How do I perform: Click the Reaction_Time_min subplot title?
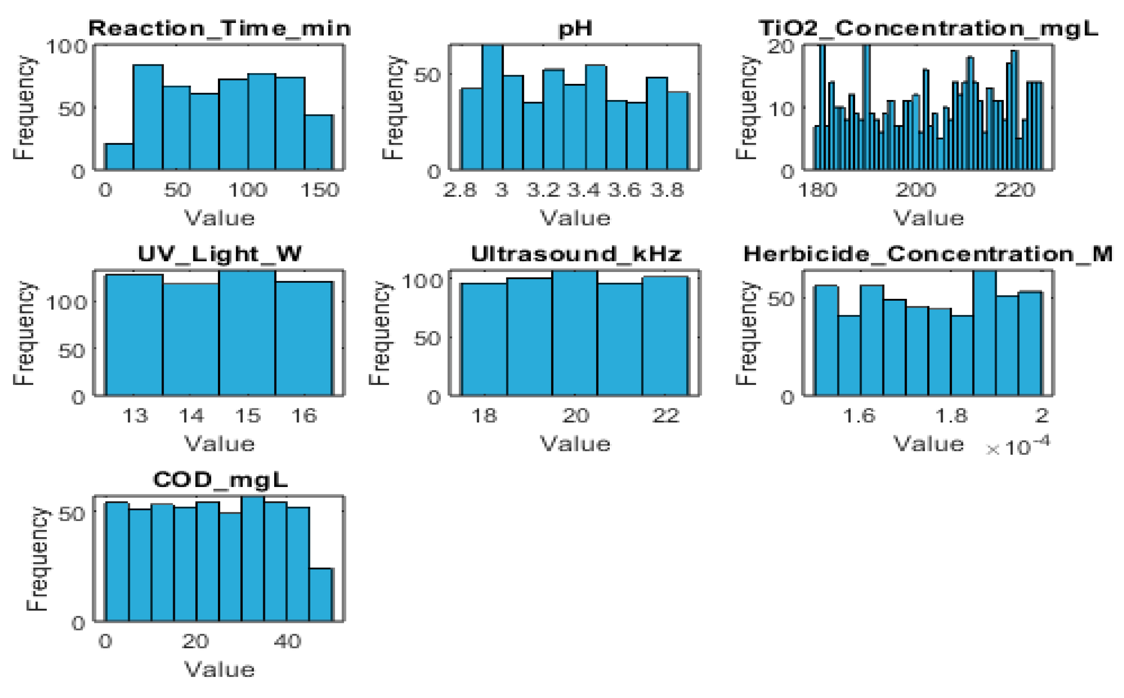(x=220, y=29)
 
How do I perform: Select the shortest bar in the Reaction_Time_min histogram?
(x=119, y=157)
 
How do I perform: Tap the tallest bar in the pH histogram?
(x=492, y=108)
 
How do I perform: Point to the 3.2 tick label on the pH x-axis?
(x=543, y=190)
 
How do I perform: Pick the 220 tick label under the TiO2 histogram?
(x=1014, y=190)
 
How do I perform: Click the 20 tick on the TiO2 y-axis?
(x=781, y=47)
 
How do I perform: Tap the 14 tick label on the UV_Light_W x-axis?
(x=191, y=416)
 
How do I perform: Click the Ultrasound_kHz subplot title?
(x=576, y=254)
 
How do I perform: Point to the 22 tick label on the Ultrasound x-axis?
(x=665, y=416)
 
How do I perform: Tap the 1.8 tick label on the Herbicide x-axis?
(x=951, y=416)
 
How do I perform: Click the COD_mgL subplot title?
(x=220, y=480)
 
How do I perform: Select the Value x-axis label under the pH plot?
(x=575, y=218)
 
